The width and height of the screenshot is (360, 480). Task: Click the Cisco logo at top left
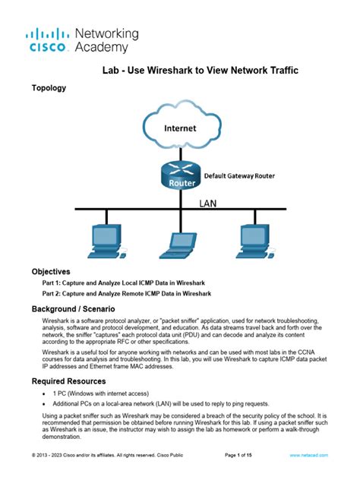point(48,40)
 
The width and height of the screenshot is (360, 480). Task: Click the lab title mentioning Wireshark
point(201,70)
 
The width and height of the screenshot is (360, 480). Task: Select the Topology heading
point(49,88)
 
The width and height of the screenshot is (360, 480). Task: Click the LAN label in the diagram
point(209,203)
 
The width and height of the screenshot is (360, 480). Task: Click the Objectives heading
point(51,271)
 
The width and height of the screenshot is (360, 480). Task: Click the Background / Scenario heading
point(73,310)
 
